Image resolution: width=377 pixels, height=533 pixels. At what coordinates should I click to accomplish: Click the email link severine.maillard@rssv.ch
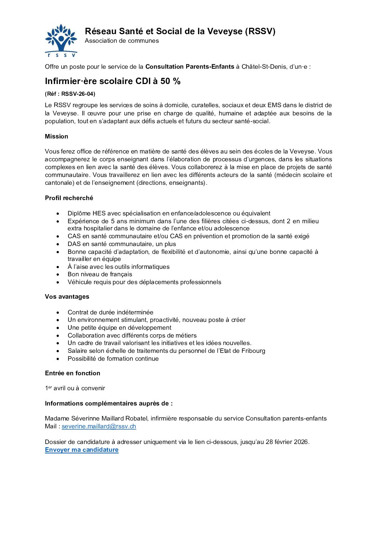99,426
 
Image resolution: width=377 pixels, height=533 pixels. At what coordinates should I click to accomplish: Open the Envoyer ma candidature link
82,450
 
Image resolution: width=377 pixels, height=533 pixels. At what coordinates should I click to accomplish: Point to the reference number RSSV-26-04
78,94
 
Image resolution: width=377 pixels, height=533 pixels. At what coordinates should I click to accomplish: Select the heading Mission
56,136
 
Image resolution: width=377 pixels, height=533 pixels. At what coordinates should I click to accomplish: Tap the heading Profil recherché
69,198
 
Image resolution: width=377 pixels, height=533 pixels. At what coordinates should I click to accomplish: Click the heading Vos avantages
67,297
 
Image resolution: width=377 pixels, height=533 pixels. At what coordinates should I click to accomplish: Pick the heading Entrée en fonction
72,373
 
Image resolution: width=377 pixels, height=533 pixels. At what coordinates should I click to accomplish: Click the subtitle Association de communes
122,41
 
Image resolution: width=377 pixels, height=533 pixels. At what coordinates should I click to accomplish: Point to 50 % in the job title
170,81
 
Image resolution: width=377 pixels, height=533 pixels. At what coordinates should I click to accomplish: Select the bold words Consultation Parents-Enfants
190,67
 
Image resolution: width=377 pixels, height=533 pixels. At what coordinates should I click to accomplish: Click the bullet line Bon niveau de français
100,274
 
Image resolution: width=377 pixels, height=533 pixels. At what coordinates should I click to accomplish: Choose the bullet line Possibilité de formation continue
113,359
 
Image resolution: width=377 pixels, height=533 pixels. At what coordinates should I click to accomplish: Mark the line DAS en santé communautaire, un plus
122,244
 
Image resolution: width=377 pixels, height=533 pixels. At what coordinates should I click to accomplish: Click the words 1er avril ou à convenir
75,388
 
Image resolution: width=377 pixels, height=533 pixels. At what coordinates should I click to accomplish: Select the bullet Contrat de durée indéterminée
110,312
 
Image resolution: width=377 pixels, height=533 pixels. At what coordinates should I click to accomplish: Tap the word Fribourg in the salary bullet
253,351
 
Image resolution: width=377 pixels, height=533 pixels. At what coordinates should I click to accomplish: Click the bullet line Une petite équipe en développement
119,328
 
